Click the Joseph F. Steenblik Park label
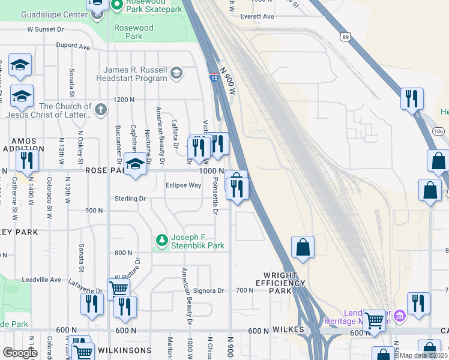point(197,241)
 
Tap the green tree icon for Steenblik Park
point(161,241)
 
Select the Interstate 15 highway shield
point(214,77)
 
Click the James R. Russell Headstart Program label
point(135,74)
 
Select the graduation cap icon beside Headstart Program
point(176,74)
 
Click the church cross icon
point(100,110)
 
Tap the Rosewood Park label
point(133,32)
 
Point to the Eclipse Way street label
point(183,185)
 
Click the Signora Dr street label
point(212,290)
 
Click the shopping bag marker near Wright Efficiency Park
point(303,247)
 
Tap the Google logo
point(20,352)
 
